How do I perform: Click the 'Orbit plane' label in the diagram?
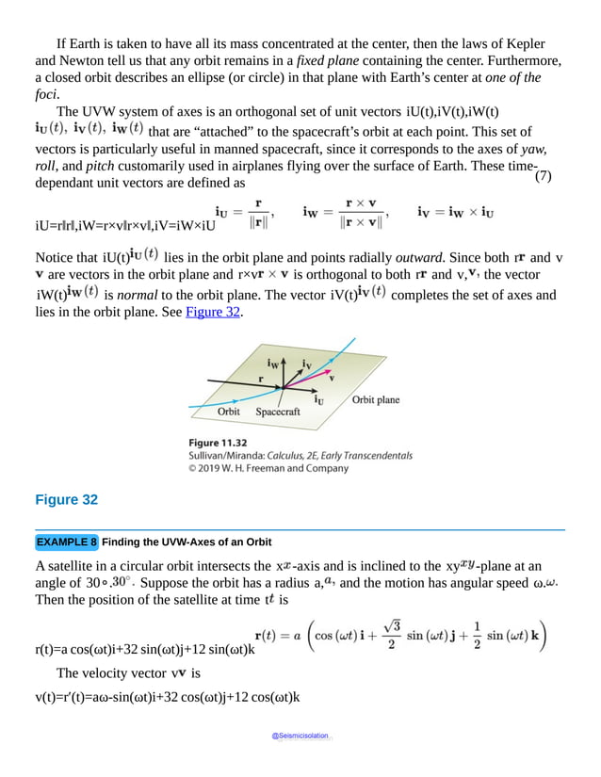click(375, 399)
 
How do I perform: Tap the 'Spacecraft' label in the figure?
click(278, 412)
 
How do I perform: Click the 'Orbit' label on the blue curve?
click(228, 412)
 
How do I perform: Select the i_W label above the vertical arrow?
click(274, 362)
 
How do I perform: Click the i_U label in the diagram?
click(320, 398)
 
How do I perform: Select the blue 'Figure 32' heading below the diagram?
click(66, 500)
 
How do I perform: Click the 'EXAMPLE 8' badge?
click(66, 542)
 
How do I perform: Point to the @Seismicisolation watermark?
click(300, 737)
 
